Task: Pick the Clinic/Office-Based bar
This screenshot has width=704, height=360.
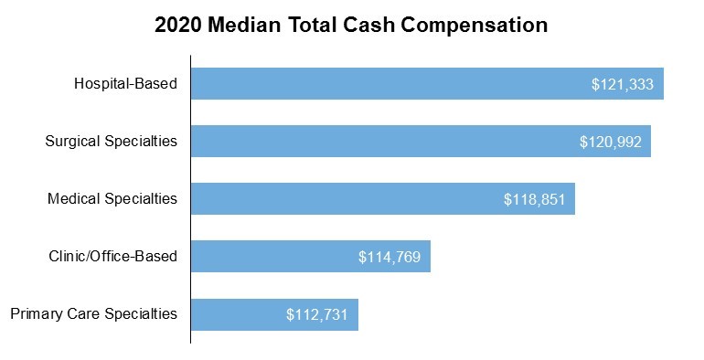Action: click(274, 257)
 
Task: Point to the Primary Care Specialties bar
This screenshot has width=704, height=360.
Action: click(238, 314)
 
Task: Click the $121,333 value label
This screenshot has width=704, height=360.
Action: click(623, 84)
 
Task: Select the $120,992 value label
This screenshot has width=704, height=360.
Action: click(611, 142)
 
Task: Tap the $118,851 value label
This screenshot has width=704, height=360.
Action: click(535, 199)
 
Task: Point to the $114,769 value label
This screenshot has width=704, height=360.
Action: click(389, 257)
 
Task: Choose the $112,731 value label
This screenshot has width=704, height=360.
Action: click(317, 314)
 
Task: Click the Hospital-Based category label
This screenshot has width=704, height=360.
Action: click(125, 84)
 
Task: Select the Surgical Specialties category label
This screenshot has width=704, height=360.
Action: click(112, 142)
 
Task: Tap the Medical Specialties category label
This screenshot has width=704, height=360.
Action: click(112, 199)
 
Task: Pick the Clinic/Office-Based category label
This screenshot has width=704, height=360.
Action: click(113, 257)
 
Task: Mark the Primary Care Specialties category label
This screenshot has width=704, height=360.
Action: click(93, 314)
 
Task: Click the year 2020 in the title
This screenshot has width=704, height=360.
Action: click(178, 26)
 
